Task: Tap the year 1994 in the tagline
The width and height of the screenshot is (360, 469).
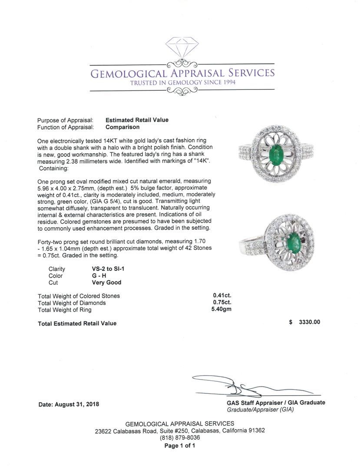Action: pos(226,83)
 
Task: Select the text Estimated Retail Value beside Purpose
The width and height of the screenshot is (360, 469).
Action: pos(137,120)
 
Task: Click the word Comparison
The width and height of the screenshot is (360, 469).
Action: pos(122,127)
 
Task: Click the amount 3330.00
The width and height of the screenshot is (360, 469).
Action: pos(309,322)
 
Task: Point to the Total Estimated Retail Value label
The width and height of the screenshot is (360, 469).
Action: pos(77,324)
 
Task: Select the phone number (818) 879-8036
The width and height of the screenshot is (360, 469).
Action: pos(180,438)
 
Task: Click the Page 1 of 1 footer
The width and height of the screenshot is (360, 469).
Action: pos(180,446)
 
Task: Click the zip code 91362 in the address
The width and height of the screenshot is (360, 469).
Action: pos(254,431)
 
